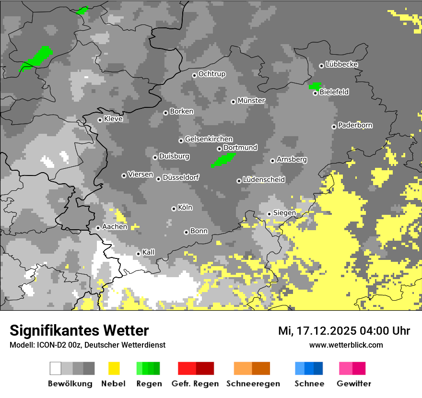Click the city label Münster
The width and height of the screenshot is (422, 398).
(251, 101)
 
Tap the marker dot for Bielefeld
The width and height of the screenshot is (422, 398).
(316, 93)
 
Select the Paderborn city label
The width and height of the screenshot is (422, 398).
(355, 125)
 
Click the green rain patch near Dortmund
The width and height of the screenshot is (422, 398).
(223, 160)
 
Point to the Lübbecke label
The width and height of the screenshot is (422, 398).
(341, 64)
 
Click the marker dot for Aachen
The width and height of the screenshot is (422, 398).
(98, 228)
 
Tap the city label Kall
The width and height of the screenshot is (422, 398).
(149, 252)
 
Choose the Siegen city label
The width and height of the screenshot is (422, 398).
(284, 212)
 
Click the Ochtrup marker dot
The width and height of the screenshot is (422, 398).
(194, 75)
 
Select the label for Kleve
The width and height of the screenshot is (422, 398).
(113, 119)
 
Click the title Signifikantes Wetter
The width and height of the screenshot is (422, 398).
(79, 330)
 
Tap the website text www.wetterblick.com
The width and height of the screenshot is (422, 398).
(346, 345)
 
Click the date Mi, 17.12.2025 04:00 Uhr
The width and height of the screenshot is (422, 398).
(344, 331)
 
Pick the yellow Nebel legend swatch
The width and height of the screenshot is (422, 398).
(114, 368)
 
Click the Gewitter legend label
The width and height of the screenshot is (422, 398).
(353, 384)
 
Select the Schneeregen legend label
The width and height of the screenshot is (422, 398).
(253, 384)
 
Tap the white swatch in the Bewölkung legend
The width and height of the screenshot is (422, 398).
(56, 368)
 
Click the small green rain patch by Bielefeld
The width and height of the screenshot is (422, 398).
(315, 86)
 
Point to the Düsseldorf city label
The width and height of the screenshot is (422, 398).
(181, 177)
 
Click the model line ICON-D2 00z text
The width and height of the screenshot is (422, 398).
(88, 345)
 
